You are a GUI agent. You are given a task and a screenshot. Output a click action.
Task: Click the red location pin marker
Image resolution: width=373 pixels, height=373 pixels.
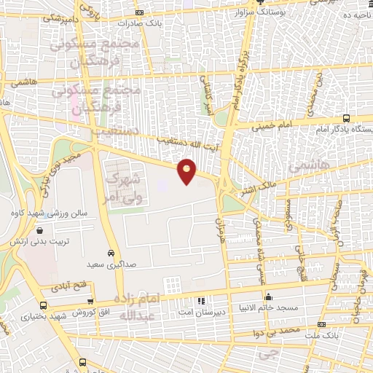tap(187, 170)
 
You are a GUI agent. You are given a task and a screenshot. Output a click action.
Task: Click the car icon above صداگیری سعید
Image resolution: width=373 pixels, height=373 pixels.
tap(110, 254)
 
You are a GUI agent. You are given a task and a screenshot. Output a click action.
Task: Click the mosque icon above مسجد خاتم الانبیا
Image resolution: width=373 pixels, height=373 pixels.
tap(269, 296)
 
